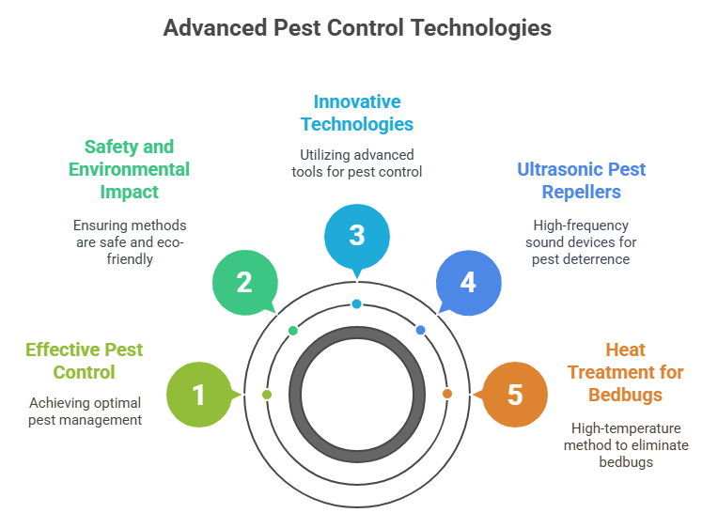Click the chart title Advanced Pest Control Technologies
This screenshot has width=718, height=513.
point(357,27)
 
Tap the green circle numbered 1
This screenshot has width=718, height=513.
point(198,395)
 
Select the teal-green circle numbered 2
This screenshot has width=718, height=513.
point(243,282)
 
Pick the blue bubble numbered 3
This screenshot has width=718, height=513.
point(356,235)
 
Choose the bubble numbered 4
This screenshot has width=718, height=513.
point(468,282)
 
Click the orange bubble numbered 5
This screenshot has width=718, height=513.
point(514,395)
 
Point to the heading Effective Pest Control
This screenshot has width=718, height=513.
point(85,361)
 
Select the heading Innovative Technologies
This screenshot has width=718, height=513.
point(356,112)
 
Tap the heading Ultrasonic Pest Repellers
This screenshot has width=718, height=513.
point(582,180)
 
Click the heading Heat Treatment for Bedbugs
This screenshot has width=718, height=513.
point(625,371)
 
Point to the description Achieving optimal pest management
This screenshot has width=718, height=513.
point(85,412)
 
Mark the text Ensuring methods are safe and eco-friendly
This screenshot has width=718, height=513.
point(130,241)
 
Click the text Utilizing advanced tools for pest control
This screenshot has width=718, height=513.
point(356,163)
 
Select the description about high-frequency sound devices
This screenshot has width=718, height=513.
point(581,241)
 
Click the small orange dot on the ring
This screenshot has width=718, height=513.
point(446,394)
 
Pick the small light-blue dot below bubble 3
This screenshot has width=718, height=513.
point(356,303)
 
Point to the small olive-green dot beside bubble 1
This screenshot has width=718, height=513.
point(267,395)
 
